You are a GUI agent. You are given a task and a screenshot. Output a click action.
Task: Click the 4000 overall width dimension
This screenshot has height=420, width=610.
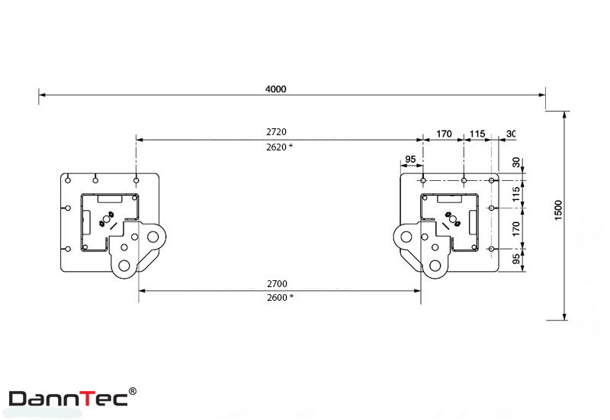276,89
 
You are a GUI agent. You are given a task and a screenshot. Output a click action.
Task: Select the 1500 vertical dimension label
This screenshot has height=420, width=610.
558,211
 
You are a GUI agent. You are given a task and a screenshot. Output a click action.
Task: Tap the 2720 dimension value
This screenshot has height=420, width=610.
276,132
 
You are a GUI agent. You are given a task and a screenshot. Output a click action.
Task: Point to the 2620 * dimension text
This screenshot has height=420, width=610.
279,147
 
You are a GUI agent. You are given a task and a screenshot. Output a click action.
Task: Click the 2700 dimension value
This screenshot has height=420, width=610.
277,283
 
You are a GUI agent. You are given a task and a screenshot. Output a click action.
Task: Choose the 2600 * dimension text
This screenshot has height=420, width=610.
280,298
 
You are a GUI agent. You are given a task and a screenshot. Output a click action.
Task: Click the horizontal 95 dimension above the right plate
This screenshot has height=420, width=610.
410,160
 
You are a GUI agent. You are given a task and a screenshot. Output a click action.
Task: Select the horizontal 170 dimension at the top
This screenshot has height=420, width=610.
444,134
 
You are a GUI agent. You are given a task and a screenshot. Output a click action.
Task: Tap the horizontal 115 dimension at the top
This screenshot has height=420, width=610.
477,134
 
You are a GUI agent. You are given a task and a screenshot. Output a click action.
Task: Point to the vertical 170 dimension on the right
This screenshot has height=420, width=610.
516,228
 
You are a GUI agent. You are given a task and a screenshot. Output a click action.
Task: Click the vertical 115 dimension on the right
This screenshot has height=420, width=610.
516,194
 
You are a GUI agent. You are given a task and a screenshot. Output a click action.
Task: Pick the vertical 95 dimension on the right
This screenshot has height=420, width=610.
516,259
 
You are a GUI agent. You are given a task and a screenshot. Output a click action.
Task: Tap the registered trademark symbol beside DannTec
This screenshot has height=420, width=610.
133,391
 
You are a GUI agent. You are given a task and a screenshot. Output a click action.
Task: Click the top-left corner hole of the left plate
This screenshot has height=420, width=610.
68,180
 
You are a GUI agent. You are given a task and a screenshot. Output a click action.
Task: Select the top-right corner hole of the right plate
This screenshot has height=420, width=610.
492,180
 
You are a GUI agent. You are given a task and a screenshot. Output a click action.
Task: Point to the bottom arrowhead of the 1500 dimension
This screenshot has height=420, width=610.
564,316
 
